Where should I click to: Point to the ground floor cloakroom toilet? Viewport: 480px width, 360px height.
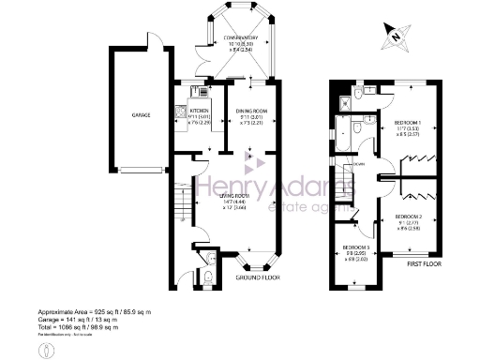[x=208, y=277]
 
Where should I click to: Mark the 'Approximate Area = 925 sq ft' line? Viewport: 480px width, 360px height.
[x=94, y=310]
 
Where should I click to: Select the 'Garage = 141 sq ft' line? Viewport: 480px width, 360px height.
[x=80, y=318]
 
